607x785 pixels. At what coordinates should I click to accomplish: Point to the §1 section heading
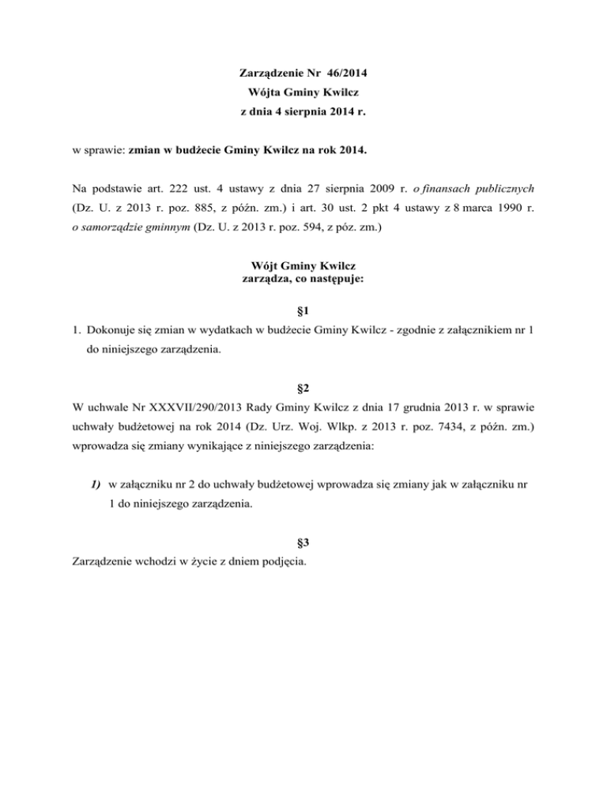click(x=303, y=311)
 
